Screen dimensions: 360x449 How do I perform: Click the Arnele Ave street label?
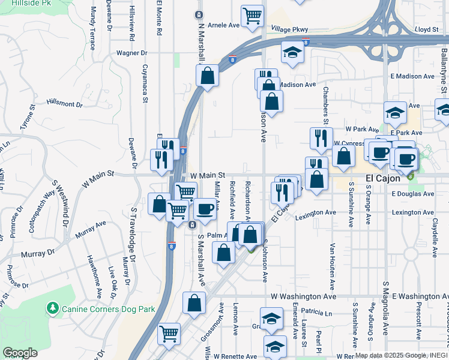(x=223, y=26)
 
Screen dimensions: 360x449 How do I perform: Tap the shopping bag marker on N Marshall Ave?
(x=207, y=76)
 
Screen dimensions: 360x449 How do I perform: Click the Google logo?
(x=20, y=352)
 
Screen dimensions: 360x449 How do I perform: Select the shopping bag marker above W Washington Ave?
(x=194, y=304)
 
